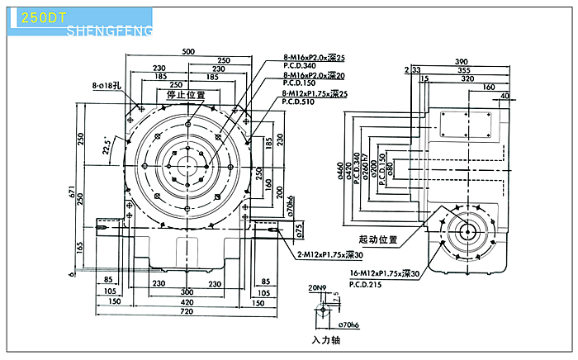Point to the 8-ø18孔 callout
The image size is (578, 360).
click(107, 85)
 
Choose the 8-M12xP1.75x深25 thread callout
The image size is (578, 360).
click(315, 94)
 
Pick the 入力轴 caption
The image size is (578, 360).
click(326, 339)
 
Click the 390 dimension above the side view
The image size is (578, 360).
click(461, 62)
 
